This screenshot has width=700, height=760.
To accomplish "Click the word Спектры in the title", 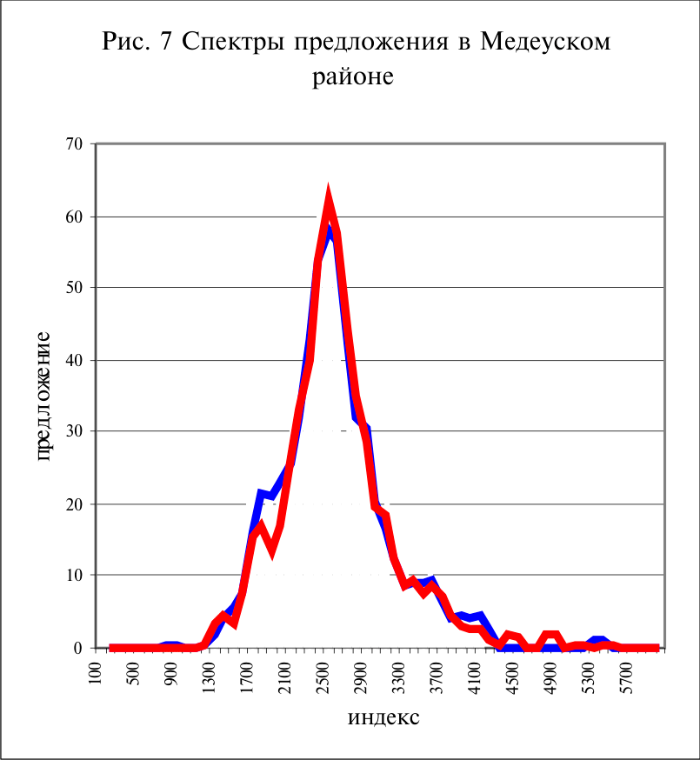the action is pos(234,42).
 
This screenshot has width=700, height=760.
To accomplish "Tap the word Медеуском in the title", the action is pos(545,42).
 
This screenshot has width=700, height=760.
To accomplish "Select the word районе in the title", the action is pos(353,77).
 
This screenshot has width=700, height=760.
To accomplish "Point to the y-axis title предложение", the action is pos(43,396).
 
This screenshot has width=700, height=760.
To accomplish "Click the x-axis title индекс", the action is pos(383,717).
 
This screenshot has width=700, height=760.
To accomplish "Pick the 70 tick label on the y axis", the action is pos(74,144).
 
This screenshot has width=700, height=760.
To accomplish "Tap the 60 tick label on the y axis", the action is pos(74,217).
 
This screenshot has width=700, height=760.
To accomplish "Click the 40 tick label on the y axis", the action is pos(74,360).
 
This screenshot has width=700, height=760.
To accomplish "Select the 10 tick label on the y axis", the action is pos(74,575).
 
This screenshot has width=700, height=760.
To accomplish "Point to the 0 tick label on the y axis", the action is pos(78,648).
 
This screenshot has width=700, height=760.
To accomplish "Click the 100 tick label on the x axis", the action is pos(96,673).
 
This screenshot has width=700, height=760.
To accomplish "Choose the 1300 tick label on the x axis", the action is pos(209,677).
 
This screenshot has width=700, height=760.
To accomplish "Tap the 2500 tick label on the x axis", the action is pos(323,677).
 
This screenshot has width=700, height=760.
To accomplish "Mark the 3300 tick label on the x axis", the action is pos(398,677).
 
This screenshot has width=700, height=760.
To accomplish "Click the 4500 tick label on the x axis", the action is pos(511,677).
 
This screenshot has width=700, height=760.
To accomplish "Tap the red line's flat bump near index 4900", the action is pos(551,635).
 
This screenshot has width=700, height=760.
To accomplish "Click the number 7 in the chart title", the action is pos(166,42).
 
